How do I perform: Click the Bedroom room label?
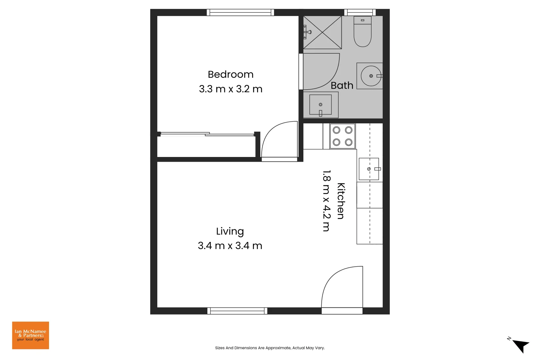coord(230,74)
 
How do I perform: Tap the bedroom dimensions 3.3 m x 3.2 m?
coord(230,89)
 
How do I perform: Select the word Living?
coord(230,231)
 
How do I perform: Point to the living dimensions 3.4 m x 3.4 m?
coord(230,246)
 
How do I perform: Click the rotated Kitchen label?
coord(341,201)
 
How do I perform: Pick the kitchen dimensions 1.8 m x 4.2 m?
coord(326,201)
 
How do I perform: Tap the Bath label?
coord(342,86)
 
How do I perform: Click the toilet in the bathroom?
coord(362,32)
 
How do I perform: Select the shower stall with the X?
coord(322,32)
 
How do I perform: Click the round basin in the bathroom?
coord(371,76)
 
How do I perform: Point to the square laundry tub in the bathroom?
coord(320,105)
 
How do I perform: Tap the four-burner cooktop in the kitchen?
coord(342,136)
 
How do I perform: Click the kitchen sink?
coord(369,169)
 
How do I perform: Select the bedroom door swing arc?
coord(278,140)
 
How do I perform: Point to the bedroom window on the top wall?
coord(240,13)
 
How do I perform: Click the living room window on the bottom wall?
coord(237,311)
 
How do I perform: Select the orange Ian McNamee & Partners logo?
coord(30,335)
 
